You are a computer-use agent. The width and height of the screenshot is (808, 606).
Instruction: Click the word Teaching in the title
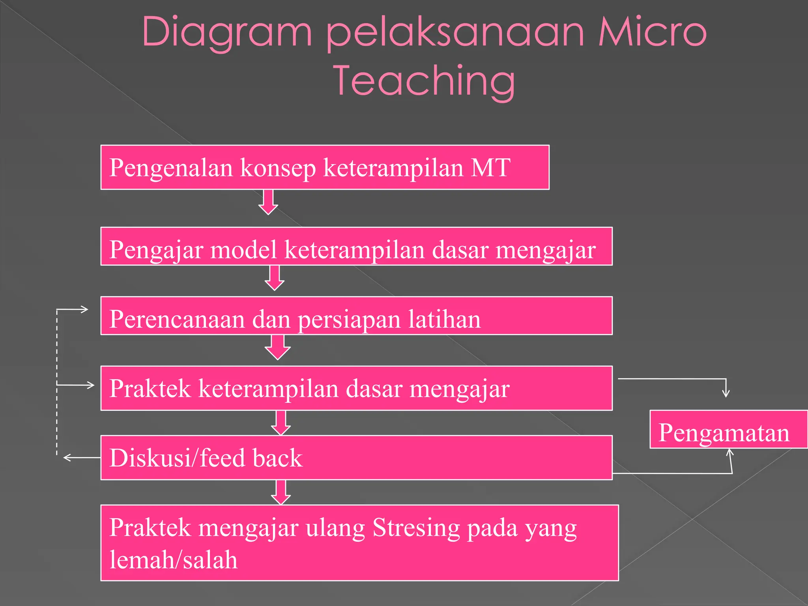(x=425, y=81)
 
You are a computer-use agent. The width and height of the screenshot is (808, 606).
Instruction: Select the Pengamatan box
(x=728, y=430)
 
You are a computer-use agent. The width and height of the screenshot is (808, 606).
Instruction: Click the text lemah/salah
(x=174, y=560)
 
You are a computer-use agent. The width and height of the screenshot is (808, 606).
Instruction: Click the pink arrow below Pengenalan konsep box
(x=268, y=202)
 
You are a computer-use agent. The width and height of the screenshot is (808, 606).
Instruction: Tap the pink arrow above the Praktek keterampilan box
(x=278, y=347)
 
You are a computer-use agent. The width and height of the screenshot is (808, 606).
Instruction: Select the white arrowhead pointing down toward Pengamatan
(x=726, y=393)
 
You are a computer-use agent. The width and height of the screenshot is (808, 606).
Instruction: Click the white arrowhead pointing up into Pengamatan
(x=730, y=453)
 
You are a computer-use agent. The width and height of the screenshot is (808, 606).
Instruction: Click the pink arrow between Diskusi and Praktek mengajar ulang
(x=281, y=492)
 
